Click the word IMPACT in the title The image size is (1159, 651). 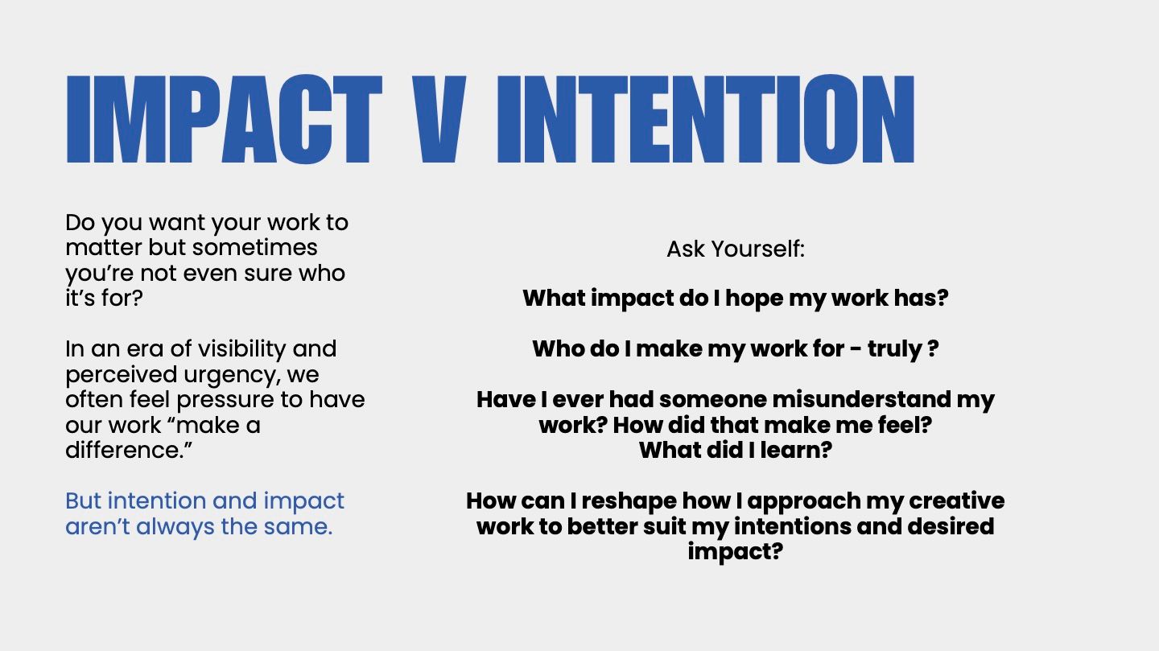pyautogui.click(x=224, y=120)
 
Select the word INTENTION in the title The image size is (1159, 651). pyautogui.click(x=706, y=120)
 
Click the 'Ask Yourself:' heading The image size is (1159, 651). pyautogui.click(x=736, y=249)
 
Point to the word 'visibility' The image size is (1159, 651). pyautogui.click(x=241, y=350)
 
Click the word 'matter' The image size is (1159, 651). pyautogui.click(x=104, y=248)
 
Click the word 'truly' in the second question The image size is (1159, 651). pyautogui.click(x=895, y=350)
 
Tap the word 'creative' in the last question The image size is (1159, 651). pyautogui.click(x=957, y=501)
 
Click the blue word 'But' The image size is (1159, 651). pyautogui.click(x=84, y=501)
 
